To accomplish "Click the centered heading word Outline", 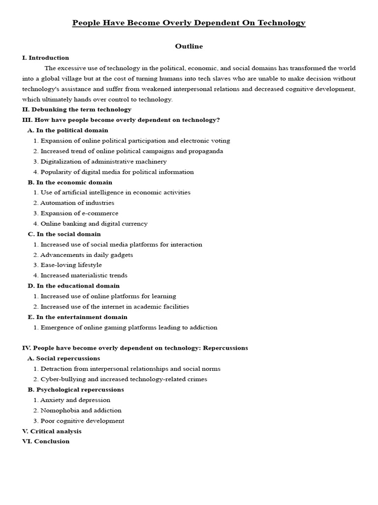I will tap(189, 46).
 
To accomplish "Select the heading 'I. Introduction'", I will tap(45, 58).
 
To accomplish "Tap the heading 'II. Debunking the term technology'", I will tap(77, 109).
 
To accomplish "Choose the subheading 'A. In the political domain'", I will tap(68, 130).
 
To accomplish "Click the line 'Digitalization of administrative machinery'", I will tap(103, 161).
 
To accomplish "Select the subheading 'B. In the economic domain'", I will tap(70, 182).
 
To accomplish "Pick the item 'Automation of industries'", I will tap(77, 203).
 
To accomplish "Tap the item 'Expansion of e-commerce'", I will tap(79, 213).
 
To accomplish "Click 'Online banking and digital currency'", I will tap(94, 223).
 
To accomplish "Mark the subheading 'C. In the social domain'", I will tap(64, 234).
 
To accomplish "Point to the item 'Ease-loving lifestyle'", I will tap(71, 265).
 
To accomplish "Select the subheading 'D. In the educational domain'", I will tap(73, 286).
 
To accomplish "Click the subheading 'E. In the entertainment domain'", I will tap(77, 317).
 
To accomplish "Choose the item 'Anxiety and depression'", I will tap(75, 400).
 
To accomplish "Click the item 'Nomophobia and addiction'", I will tap(81, 410).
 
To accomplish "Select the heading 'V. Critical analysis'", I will tap(52, 431).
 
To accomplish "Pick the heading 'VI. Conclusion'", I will tap(46, 441).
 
